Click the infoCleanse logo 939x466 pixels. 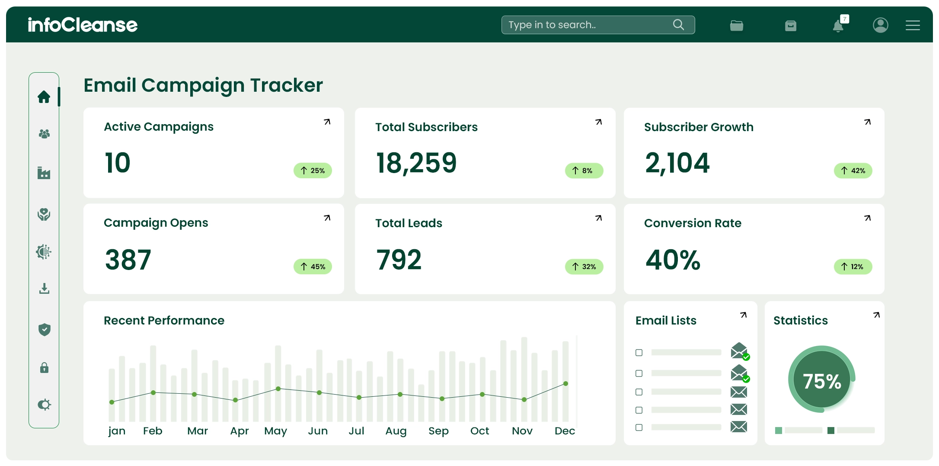click(x=83, y=25)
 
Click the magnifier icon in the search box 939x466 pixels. click(x=678, y=25)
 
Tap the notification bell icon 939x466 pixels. click(x=838, y=26)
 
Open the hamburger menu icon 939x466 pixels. click(x=913, y=26)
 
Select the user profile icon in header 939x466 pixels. click(x=880, y=25)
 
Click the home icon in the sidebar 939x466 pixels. click(x=44, y=97)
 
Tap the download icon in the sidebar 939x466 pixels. click(x=44, y=289)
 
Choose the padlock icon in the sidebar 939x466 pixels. click(x=44, y=368)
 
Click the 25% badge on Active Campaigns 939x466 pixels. click(x=313, y=170)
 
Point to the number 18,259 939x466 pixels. click(x=416, y=163)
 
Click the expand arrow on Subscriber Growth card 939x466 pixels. click(x=867, y=122)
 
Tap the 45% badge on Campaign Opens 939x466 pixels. click(x=313, y=267)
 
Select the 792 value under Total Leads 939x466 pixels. click(x=399, y=260)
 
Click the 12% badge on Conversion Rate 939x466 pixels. click(x=853, y=267)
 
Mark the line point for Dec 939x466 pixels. click(x=565, y=384)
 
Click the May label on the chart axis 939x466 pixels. click(x=275, y=431)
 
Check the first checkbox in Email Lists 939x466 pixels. click(x=639, y=353)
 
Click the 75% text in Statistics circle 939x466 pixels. click(x=822, y=381)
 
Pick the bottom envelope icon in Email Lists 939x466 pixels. click(x=738, y=427)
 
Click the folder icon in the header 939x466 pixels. click(x=736, y=26)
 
